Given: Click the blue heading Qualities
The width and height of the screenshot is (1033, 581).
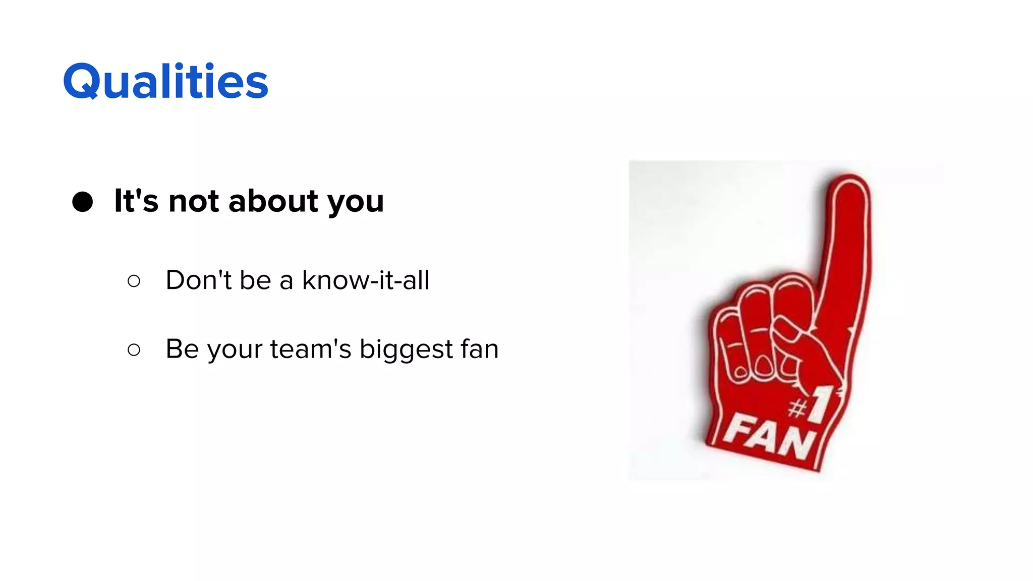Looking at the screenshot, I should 165,82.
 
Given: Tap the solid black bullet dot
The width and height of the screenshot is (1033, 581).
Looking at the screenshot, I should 83,202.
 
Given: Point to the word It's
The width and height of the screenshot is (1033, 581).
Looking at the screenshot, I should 136,201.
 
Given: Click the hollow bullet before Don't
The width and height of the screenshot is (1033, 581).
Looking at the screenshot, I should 134,281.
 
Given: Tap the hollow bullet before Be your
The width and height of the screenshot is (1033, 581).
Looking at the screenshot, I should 134,350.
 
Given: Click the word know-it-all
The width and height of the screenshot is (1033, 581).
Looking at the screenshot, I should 366,280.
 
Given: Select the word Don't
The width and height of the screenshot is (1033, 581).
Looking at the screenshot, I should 198,280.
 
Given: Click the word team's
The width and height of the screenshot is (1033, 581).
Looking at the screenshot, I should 311,349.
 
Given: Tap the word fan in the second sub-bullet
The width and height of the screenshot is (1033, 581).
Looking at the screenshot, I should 480,349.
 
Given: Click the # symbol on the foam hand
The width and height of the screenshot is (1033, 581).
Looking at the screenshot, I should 798,408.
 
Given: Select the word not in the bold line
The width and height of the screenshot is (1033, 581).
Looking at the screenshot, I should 194,201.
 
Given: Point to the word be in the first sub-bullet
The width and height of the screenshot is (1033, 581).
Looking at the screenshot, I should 255,280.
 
